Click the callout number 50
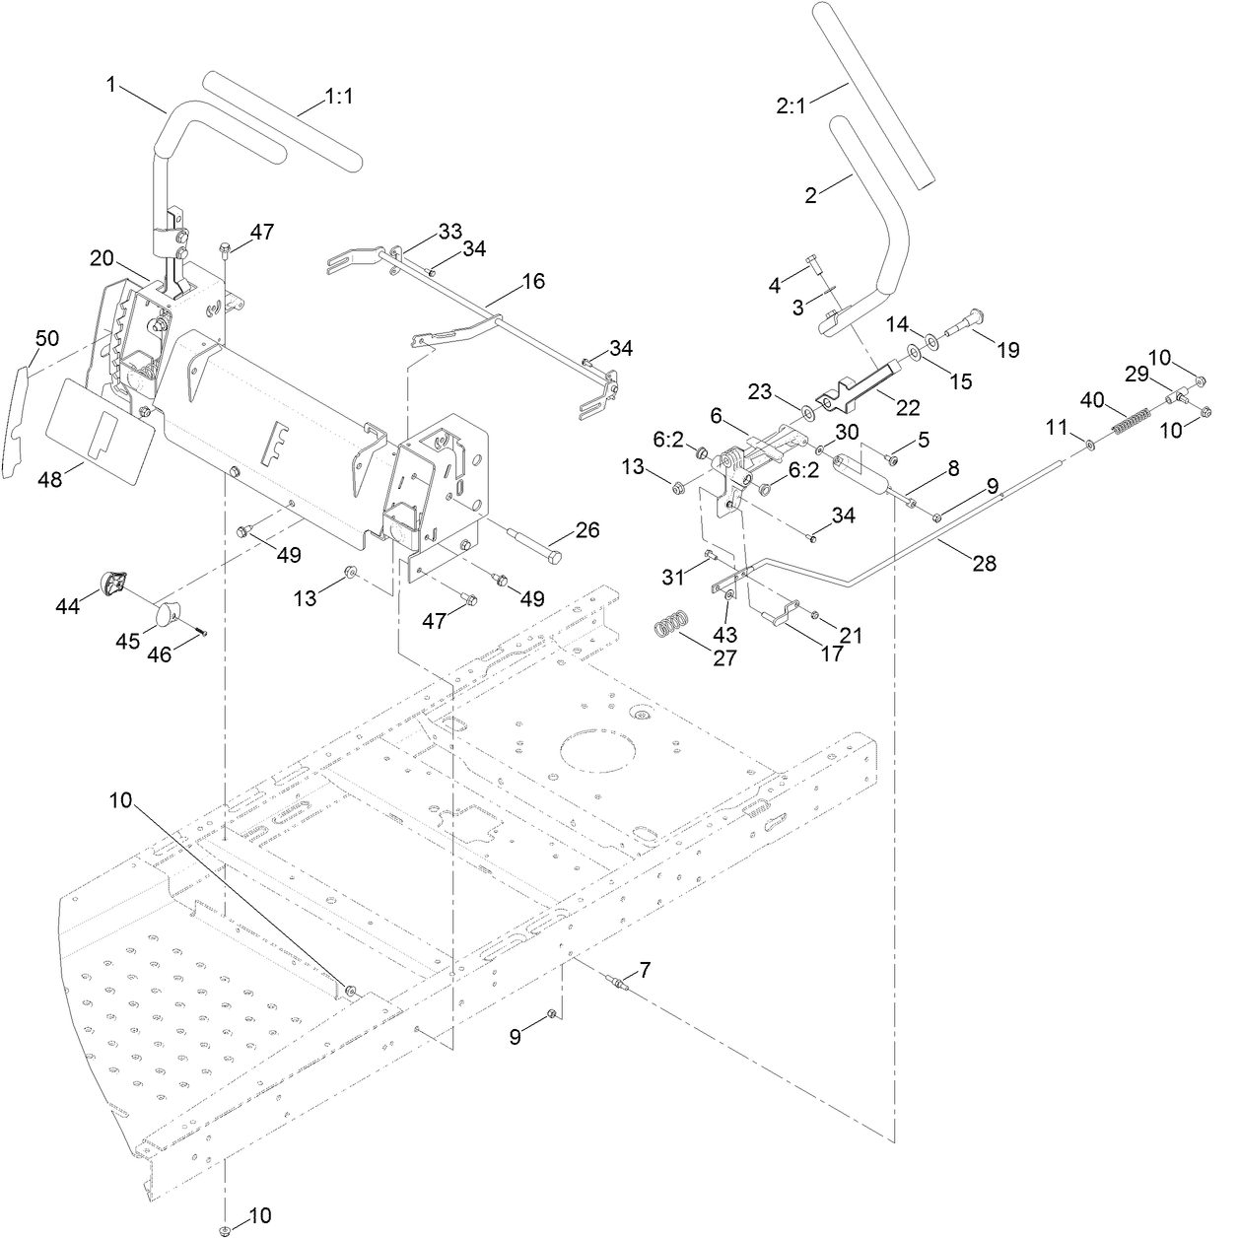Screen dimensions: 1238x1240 click(x=47, y=338)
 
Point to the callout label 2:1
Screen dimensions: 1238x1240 click(x=791, y=105)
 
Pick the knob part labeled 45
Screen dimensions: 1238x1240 click(x=169, y=618)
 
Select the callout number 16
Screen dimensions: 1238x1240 click(x=532, y=282)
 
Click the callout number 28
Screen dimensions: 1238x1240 click(x=984, y=563)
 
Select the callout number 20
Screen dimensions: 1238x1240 click(x=103, y=257)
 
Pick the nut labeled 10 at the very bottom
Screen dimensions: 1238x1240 click(x=225, y=1229)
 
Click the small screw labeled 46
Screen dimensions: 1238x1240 click(x=201, y=632)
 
